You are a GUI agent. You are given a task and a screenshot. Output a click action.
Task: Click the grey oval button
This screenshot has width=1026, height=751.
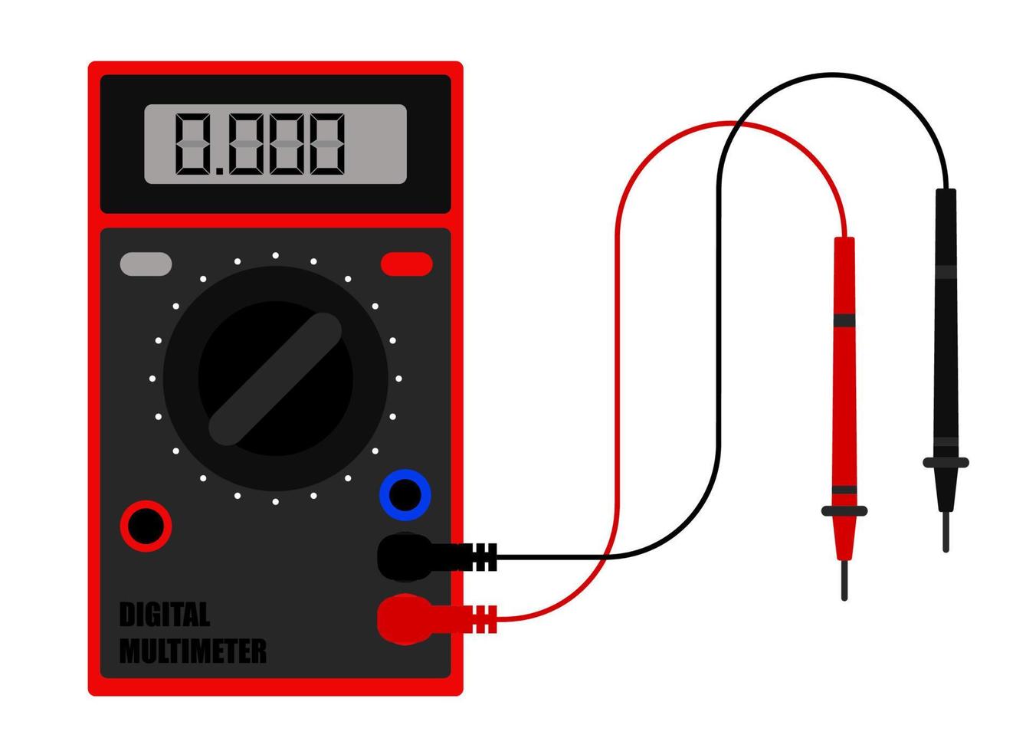146,264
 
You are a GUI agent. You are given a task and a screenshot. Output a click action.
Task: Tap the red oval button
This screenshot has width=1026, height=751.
406,264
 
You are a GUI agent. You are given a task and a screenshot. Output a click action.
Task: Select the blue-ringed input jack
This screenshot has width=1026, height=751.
405,495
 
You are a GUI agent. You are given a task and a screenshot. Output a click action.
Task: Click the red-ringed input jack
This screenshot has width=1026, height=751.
146,526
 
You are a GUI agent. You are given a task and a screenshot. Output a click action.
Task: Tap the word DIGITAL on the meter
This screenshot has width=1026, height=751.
165,615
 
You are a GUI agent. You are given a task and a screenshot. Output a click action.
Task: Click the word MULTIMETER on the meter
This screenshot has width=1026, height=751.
193,651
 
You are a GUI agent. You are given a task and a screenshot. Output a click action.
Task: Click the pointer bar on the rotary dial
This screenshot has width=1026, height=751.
275,378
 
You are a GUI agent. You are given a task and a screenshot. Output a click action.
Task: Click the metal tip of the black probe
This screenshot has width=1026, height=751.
946,532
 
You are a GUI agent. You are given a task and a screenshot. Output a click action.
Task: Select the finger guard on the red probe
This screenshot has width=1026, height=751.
844,510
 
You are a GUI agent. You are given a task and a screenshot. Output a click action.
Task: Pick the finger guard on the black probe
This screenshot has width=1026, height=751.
946,462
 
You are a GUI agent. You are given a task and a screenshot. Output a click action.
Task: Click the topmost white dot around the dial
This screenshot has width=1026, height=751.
275,255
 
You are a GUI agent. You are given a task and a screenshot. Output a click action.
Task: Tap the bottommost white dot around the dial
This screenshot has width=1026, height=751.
275,503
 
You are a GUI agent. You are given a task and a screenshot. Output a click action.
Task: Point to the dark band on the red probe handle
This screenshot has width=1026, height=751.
844,319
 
